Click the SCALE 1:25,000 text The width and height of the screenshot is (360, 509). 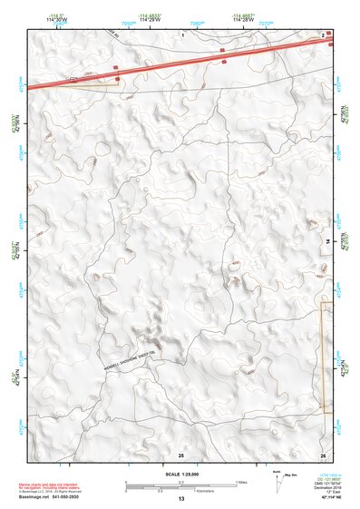pos(180,474)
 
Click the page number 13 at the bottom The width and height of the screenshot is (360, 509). pos(180,499)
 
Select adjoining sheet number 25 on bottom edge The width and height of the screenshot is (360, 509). pos(180,454)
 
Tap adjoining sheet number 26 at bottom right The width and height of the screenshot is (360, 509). pos(323,454)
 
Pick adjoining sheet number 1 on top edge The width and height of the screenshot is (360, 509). pos(182,33)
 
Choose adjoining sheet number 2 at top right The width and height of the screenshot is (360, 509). pos(323,33)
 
